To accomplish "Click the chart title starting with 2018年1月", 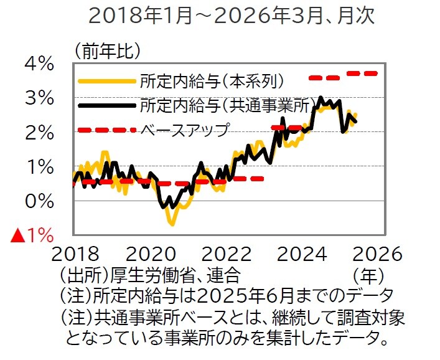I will tap(232, 15).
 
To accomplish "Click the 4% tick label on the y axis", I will tap(39, 64).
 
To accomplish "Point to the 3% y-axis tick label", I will tap(39, 98).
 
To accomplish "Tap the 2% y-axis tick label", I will tap(39, 132).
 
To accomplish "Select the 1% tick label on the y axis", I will tap(39, 166).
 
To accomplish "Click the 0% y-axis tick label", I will tap(39, 201).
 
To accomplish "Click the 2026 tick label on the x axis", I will tap(375, 255).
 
